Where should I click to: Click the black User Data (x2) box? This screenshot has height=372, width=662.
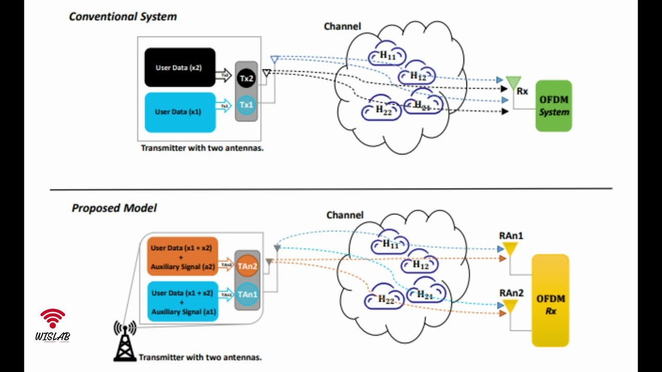tap(179, 68)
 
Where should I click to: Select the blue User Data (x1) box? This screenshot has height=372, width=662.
tap(179, 112)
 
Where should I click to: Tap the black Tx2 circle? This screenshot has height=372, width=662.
tap(246, 79)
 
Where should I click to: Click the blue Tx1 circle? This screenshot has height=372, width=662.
tap(246, 105)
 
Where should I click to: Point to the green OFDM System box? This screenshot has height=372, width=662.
tap(553, 106)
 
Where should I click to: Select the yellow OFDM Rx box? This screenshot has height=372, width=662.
tap(550, 300)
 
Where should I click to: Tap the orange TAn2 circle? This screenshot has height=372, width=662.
tap(247, 267)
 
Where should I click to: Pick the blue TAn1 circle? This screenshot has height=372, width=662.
tap(247, 295)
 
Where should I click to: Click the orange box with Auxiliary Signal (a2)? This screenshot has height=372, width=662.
tap(183, 257)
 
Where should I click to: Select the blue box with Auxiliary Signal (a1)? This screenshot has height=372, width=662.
tap(183, 302)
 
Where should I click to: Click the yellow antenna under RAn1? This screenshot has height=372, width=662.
tap(510, 250)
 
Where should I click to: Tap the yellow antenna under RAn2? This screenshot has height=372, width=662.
tap(510, 307)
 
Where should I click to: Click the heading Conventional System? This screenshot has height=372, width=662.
tap(123, 17)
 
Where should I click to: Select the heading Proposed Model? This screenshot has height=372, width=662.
tap(114, 208)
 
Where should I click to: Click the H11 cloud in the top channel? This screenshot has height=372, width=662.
tap(387, 55)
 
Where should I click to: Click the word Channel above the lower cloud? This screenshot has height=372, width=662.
tap(344, 215)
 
